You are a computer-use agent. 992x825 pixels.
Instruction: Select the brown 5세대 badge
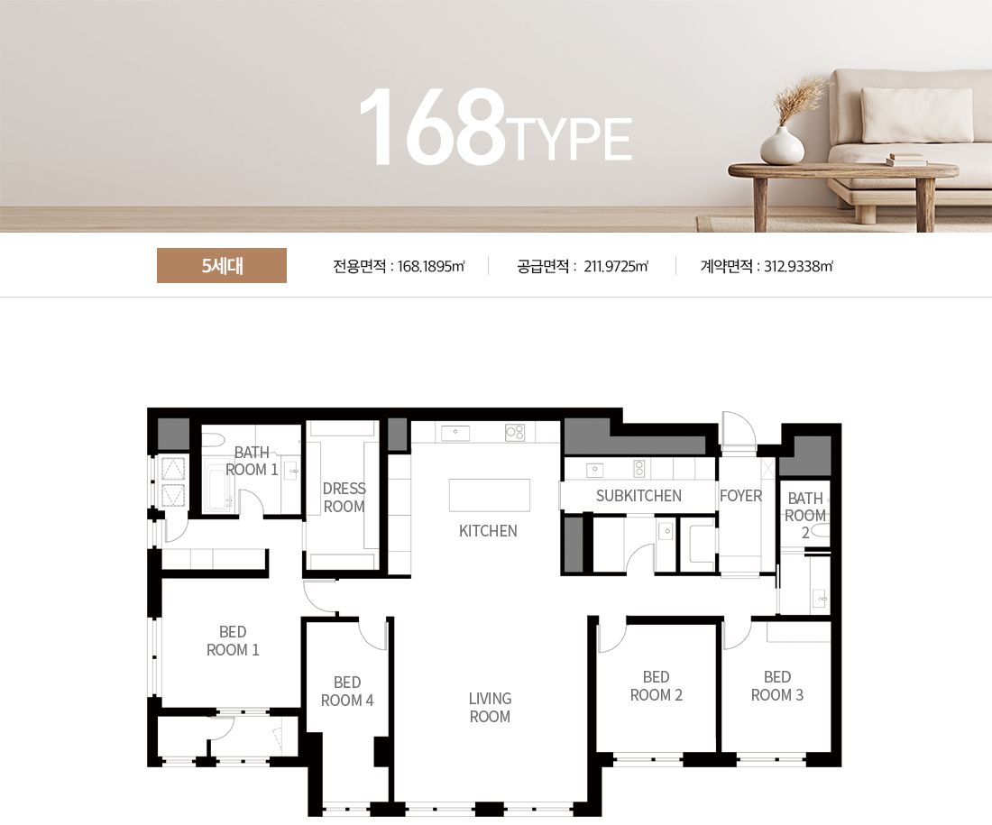[x=222, y=266]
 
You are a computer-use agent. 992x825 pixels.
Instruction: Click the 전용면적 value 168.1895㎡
[x=431, y=266]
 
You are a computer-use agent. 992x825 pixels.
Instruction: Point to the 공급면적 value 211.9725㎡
[x=616, y=266]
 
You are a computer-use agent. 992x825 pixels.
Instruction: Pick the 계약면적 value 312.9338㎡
[x=798, y=266]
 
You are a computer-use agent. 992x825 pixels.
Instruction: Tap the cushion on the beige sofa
[x=916, y=115]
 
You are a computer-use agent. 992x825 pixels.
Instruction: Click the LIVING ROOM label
[x=490, y=707]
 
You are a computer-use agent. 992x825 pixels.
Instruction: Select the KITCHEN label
[x=488, y=531]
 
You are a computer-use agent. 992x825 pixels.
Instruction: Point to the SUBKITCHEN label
[x=638, y=496]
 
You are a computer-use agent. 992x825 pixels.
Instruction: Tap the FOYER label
[x=740, y=496]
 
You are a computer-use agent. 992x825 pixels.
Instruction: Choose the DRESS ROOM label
[x=344, y=498]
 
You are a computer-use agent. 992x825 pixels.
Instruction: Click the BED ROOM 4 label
[x=346, y=692]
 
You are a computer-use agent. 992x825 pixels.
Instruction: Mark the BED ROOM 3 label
[x=776, y=686]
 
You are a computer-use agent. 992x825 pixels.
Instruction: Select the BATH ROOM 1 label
[x=252, y=461]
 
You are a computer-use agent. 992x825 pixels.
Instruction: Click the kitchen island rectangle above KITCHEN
[x=490, y=495]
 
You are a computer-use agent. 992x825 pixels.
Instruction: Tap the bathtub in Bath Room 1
[x=219, y=487]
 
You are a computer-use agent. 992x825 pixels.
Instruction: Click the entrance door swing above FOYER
[x=739, y=430]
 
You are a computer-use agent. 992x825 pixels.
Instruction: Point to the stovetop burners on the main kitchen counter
[x=514, y=433]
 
